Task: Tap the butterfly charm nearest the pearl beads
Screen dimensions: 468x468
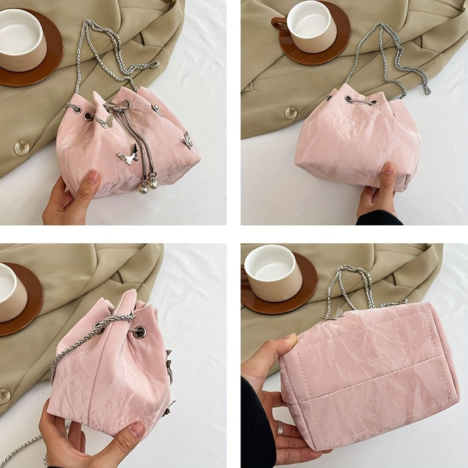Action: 128,157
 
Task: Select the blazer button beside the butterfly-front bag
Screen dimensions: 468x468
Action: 22,147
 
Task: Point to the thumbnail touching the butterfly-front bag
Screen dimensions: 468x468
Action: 92,176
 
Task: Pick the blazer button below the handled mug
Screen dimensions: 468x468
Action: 291,112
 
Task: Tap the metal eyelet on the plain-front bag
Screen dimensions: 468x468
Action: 350,100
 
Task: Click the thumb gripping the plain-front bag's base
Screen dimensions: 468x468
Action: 388,176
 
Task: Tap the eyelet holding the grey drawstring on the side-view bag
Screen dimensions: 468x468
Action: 140,332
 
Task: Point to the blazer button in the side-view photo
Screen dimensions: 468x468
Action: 5,396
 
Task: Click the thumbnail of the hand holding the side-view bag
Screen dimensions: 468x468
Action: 136,431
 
